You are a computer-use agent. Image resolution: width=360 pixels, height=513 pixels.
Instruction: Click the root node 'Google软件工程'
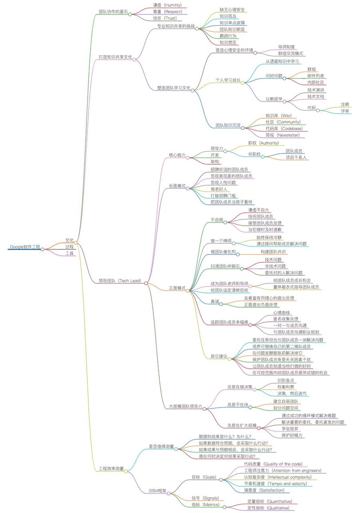(x=25, y=246)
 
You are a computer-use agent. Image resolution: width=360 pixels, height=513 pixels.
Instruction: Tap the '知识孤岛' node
(x=228, y=16)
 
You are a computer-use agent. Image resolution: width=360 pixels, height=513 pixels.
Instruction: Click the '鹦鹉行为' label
(x=228, y=36)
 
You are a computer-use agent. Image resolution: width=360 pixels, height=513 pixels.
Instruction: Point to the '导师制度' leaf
(x=286, y=47)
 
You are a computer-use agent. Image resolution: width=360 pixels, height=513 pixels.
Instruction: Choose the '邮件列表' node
(x=316, y=75)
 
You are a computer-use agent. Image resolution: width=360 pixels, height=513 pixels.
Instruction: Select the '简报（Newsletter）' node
(x=282, y=135)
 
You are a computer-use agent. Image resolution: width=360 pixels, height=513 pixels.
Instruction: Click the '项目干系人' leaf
(x=296, y=158)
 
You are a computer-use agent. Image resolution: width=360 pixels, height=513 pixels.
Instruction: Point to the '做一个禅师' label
(x=221, y=240)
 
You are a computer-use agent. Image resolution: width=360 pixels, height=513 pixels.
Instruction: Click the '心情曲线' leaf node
(x=282, y=312)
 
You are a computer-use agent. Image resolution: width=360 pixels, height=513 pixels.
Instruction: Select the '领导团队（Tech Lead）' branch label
(x=120, y=281)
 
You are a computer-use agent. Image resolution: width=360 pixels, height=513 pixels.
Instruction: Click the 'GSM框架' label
(x=157, y=491)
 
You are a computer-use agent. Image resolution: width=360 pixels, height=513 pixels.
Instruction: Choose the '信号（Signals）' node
(x=205, y=498)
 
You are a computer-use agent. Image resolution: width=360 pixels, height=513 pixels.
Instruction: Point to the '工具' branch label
(x=69, y=253)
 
